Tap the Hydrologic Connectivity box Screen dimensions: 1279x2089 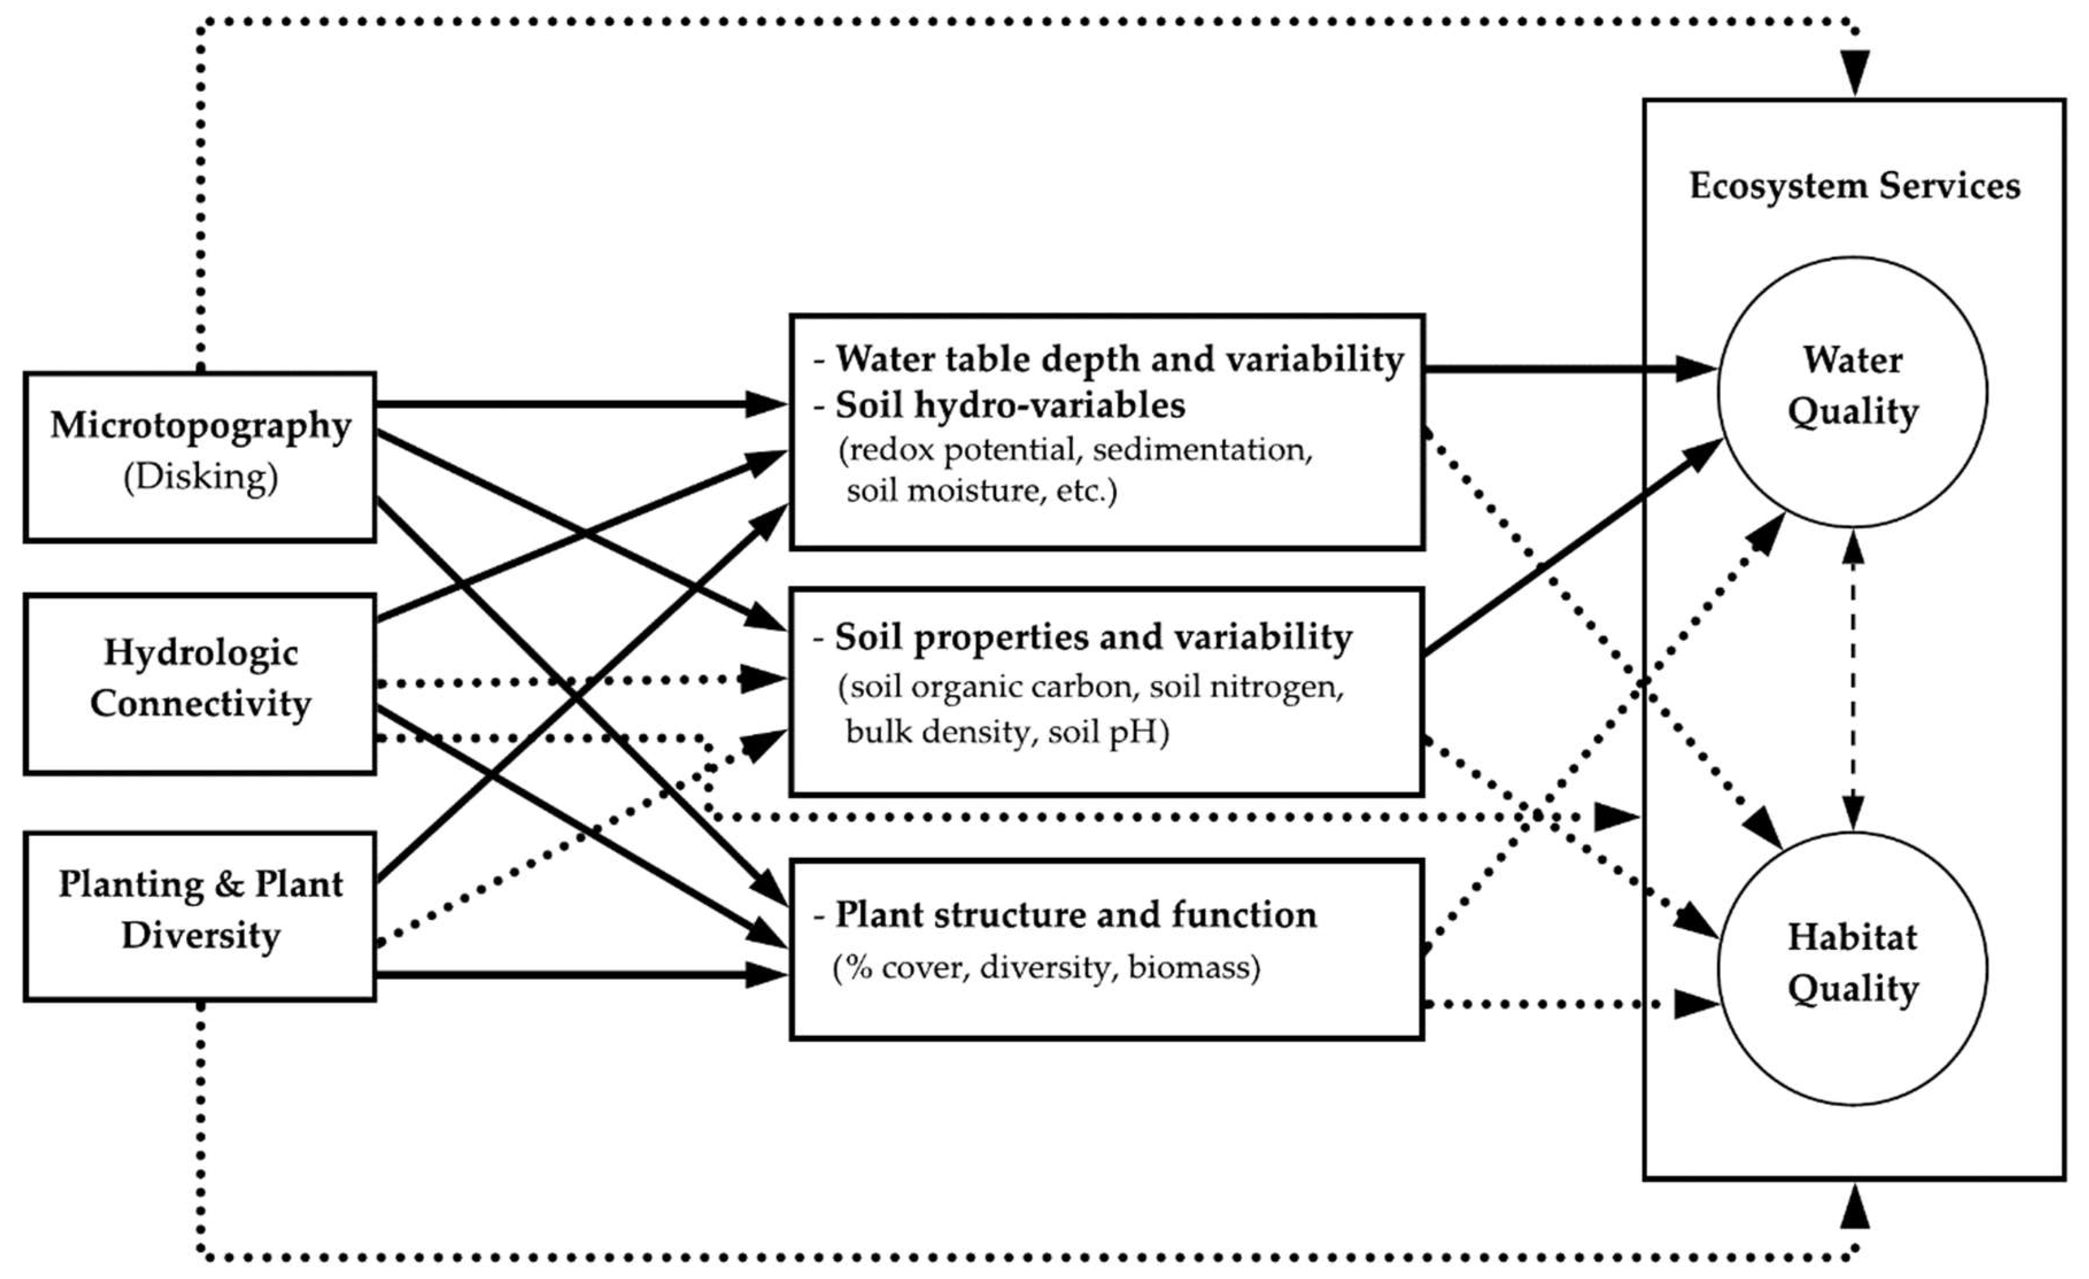(200, 683)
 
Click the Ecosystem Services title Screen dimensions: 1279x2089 (1854, 186)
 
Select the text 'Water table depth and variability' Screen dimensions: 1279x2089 (1119, 359)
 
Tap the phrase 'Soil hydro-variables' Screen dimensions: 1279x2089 (1009, 405)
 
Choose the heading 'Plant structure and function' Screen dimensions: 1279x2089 (1076, 914)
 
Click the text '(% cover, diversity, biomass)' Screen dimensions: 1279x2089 (1046, 967)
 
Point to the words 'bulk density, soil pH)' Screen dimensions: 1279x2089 (1007, 731)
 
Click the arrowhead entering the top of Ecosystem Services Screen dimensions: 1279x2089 (1854, 73)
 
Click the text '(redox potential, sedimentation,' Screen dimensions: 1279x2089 (1075, 450)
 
